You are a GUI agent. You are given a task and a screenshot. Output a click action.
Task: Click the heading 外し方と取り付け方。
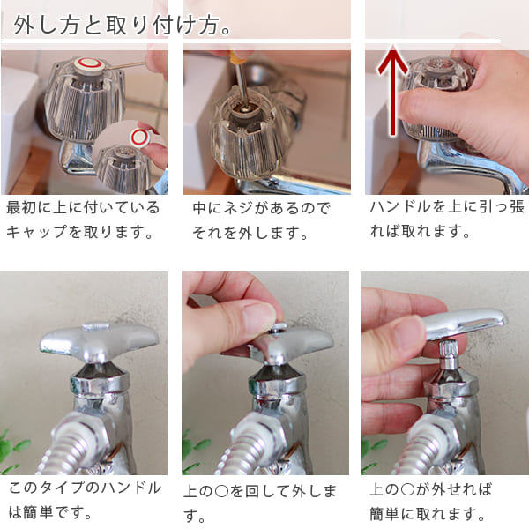[124, 25]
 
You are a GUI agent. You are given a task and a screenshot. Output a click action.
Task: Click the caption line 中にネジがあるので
[261, 209]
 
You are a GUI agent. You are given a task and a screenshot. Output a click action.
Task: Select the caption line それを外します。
[250, 234]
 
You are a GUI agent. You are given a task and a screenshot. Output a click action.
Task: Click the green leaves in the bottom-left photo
[12, 450]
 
